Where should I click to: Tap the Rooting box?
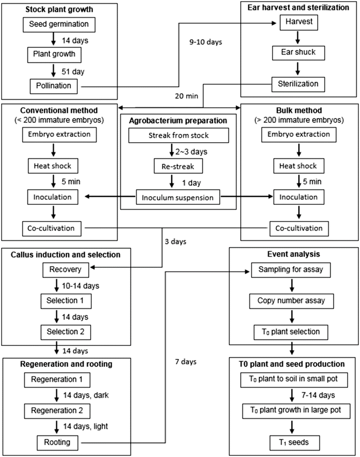[58, 443]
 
